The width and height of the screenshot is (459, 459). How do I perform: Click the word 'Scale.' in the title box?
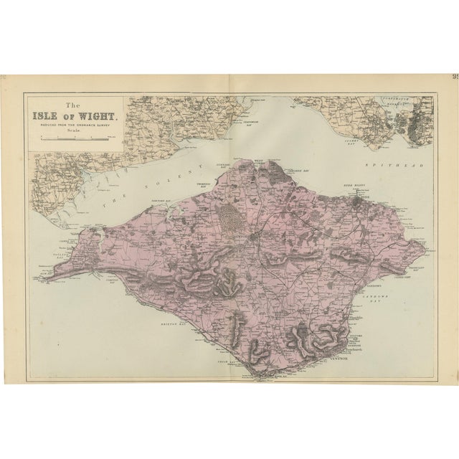[75, 131]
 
